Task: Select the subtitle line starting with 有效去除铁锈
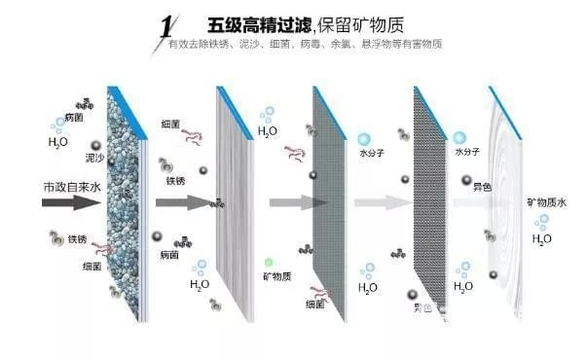[306, 45]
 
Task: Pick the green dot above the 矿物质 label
[269, 263]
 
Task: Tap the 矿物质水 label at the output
[545, 201]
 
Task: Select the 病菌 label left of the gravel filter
[72, 117]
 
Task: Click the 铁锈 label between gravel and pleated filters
[175, 180]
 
